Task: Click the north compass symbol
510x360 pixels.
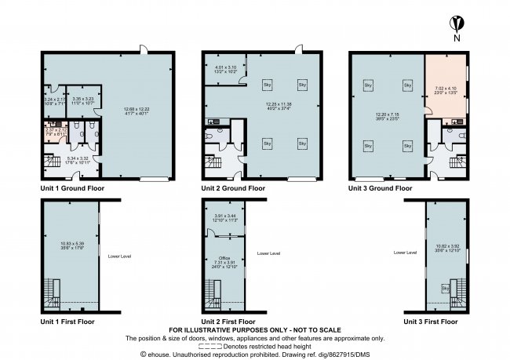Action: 456,24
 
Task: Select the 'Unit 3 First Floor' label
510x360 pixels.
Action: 431,322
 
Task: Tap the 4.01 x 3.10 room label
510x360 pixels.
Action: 226,70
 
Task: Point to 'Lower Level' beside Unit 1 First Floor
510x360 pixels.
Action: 120,256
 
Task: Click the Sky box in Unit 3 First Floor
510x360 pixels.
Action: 445,289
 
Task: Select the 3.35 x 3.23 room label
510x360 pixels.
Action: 82,100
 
